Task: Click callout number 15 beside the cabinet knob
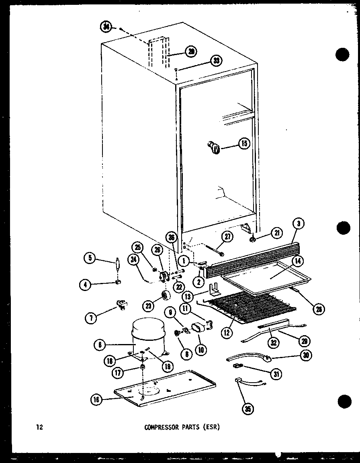click(244, 143)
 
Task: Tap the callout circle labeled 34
click(106, 27)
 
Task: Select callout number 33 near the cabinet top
click(216, 61)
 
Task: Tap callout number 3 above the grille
click(299, 223)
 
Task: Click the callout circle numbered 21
click(276, 232)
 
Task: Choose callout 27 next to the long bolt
click(227, 237)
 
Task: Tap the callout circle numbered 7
click(91, 319)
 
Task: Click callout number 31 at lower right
click(276, 374)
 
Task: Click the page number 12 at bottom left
click(39, 427)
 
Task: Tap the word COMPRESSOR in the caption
click(161, 427)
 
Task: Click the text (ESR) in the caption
click(212, 427)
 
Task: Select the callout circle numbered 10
click(201, 349)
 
